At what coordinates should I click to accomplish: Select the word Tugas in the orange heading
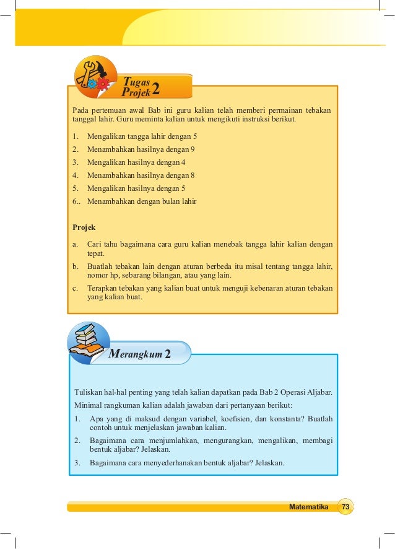136,81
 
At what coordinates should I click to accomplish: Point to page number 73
345,507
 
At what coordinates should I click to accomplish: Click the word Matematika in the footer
308,507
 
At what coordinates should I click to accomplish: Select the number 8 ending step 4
193,175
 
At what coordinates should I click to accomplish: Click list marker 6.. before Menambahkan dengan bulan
77,201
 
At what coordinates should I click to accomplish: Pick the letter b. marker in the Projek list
76,266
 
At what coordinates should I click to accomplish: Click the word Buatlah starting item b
102,266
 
